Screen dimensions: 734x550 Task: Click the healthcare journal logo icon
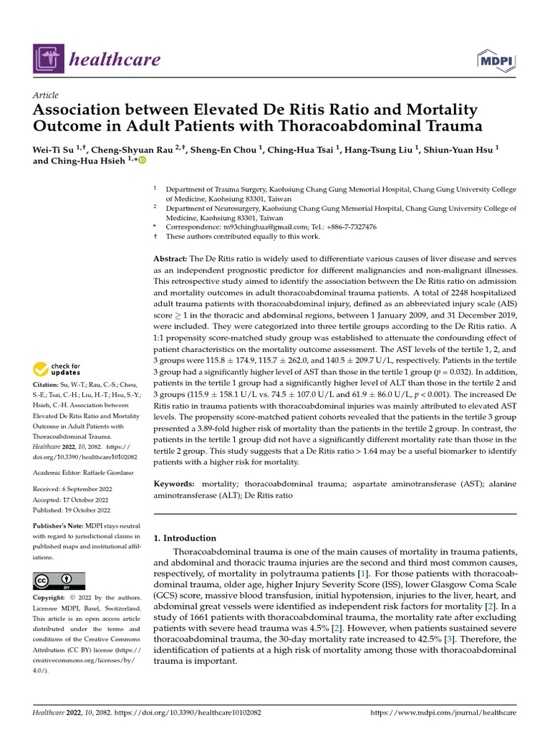pyautogui.click(x=47, y=59)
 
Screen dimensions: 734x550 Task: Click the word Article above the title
pyautogui.click(x=46, y=95)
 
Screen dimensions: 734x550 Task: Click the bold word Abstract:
pyautogui.click(x=170, y=257)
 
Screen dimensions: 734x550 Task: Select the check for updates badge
pyautogui.click(x=56, y=370)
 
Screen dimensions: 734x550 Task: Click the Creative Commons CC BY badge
pyautogui.click(x=59, y=581)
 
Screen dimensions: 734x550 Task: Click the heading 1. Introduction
pyautogui.click(x=185, y=538)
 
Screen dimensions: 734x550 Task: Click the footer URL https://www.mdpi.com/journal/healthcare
pyautogui.click(x=442, y=713)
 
